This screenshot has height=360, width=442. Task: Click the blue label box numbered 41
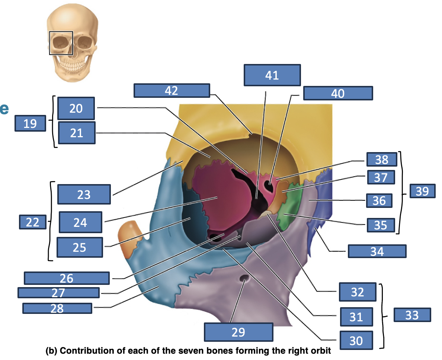point(272,75)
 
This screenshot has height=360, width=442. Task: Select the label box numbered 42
point(172,91)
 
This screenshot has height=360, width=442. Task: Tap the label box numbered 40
point(338,93)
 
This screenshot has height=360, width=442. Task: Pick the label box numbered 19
point(30,123)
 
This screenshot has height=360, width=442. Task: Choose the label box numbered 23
point(84,195)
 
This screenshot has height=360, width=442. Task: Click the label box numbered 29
point(238,332)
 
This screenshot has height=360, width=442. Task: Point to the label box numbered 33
point(412,315)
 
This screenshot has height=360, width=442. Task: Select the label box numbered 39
point(422,191)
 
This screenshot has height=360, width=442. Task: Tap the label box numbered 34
point(377,251)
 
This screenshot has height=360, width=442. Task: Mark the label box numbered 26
point(67,278)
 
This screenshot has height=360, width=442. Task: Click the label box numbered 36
point(379,200)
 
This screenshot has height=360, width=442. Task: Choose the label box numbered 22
point(33,222)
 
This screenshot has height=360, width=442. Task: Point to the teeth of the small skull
point(73,65)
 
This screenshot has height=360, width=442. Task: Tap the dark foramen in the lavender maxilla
point(244,279)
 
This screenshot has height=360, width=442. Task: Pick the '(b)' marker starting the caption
point(52,351)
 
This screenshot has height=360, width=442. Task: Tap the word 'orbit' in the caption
point(321,351)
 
